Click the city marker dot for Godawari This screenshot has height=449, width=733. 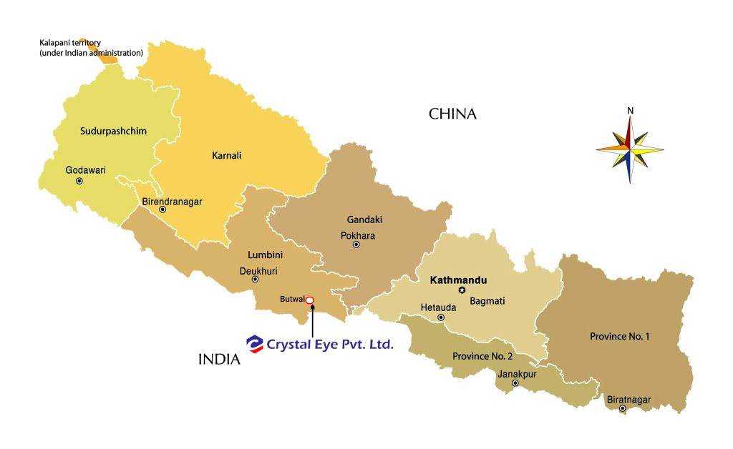click(x=79, y=181)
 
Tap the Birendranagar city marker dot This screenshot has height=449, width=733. click(x=163, y=209)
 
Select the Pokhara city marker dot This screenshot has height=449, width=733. click(x=356, y=245)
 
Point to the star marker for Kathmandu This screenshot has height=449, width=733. click(x=462, y=290)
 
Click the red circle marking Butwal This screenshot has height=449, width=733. click(x=310, y=300)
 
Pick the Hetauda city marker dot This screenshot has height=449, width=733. click(x=441, y=317)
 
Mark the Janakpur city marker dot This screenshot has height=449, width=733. click(x=515, y=383)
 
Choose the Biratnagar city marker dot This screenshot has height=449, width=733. click(x=623, y=409)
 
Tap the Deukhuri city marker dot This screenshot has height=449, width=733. click(x=256, y=279)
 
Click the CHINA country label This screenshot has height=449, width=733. click(x=452, y=114)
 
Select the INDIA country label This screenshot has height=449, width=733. click(x=219, y=360)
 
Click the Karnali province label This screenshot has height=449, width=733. click(x=227, y=155)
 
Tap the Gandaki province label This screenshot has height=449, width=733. click(x=361, y=220)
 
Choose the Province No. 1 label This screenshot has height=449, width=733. click(x=619, y=336)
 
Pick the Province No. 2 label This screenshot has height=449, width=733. click(x=482, y=356)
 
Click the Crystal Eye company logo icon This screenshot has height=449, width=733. click(x=254, y=344)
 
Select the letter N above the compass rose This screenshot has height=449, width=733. click(x=630, y=111)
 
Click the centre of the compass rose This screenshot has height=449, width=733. click(x=630, y=149)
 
